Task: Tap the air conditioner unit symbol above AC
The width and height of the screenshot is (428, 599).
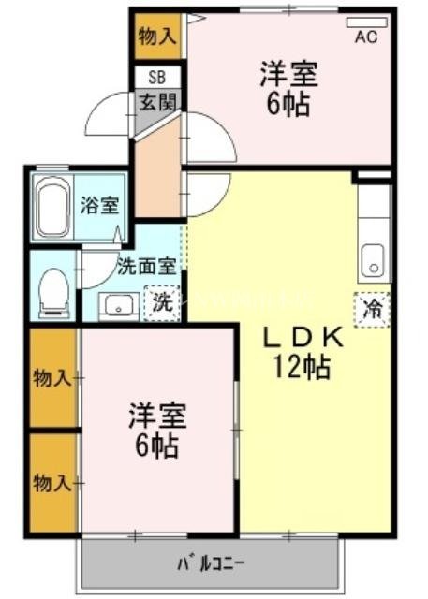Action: [365, 22]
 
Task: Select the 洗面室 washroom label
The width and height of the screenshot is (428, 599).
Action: [145, 265]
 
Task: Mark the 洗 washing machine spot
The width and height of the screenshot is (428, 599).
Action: [162, 302]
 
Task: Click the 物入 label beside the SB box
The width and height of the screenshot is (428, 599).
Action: [155, 37]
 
